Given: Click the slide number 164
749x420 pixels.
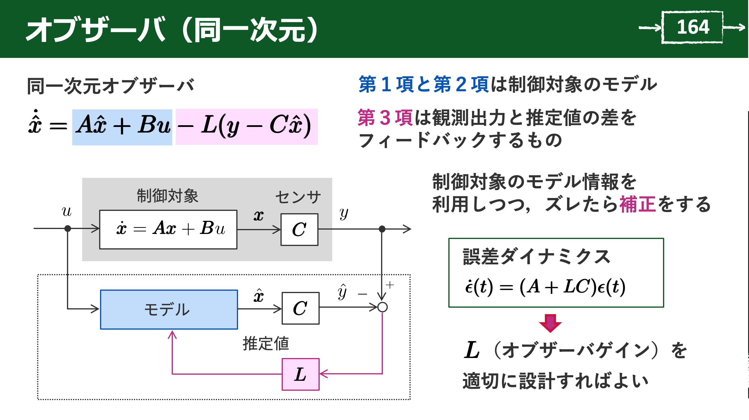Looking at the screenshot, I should (693, 27).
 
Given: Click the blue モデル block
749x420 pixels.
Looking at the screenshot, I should (169, 309).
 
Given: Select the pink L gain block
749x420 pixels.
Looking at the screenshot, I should (300, 374).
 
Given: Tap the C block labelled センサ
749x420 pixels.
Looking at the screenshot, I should (299, 230).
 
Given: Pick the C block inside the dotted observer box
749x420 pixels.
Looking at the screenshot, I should (300, 308).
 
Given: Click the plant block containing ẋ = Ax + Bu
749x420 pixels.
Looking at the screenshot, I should (168, 230).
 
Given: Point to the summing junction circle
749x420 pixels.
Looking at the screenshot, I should (382, 307).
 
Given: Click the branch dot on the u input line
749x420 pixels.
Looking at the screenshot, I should (68, 228).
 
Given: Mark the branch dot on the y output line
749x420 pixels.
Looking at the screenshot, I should (382, 229).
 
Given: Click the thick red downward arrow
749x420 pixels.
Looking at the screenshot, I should (550, 323).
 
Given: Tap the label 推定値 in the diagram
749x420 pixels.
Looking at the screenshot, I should (266, 344).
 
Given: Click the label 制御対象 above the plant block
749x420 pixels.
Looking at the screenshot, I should (168, 196).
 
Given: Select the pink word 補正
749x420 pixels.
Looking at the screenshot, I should (637, 204).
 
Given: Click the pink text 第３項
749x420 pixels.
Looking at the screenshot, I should (385, 118).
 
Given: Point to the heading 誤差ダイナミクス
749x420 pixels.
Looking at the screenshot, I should (536, 257).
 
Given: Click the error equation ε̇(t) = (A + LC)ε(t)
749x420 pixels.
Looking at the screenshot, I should (545, 286).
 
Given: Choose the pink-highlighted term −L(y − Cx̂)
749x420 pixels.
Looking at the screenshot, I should (247, 127).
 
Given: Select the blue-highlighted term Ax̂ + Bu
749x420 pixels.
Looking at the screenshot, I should (122, 127).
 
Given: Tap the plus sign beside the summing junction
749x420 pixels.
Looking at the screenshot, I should (390, 285).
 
